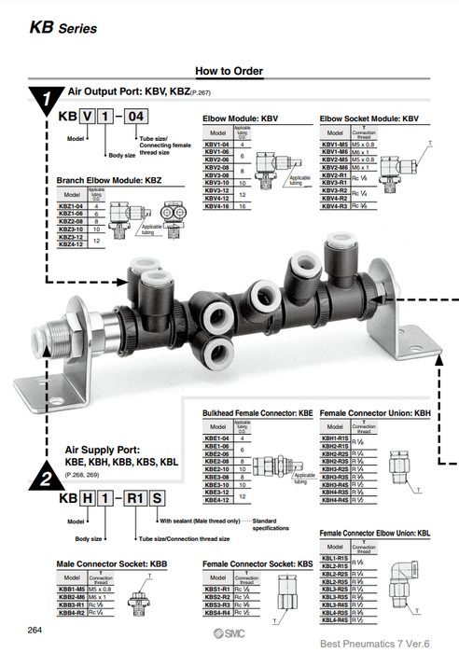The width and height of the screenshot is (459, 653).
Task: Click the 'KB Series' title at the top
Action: coord(63,28)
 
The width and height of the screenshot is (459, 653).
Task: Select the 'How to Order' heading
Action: coord(229,71)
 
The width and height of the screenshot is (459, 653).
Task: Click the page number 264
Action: coord(35,632)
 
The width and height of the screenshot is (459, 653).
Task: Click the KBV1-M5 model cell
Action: coord(335,145)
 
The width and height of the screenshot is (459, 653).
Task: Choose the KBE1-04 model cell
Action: coord(216,438)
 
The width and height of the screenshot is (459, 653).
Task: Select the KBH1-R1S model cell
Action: coord(335,438)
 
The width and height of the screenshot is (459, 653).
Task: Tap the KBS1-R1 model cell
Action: coord(216,589)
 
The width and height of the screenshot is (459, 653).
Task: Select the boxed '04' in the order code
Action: coord(135,117)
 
